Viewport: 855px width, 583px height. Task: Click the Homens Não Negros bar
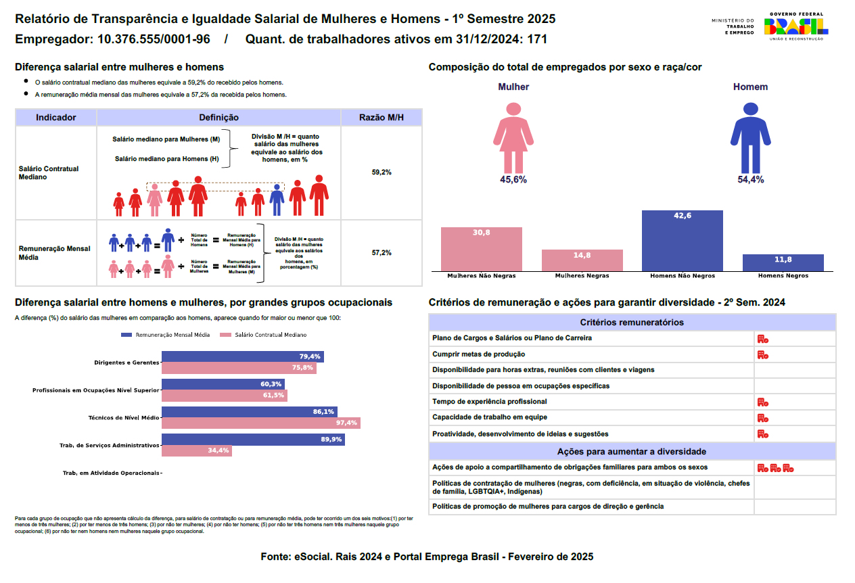682,241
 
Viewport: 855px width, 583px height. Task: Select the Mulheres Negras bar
582,260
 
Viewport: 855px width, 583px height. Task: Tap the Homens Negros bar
783,263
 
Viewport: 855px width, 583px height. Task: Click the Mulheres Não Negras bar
481,249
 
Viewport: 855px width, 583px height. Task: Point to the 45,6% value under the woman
513,180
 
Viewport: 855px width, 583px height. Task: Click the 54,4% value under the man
750,180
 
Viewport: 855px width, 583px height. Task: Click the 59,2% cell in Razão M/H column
382,172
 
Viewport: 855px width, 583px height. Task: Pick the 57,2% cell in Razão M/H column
382,253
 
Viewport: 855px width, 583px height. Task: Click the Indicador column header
56,118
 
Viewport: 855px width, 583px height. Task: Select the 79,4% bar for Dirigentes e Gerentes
242,356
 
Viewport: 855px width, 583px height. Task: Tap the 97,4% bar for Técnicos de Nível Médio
260,423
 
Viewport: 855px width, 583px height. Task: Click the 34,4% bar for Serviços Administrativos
196,450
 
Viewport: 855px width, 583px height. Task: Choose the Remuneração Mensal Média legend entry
165,335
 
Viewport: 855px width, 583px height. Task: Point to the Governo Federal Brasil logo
795,26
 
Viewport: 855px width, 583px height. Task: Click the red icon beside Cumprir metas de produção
762,354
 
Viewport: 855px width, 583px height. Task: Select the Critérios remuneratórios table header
632,323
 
